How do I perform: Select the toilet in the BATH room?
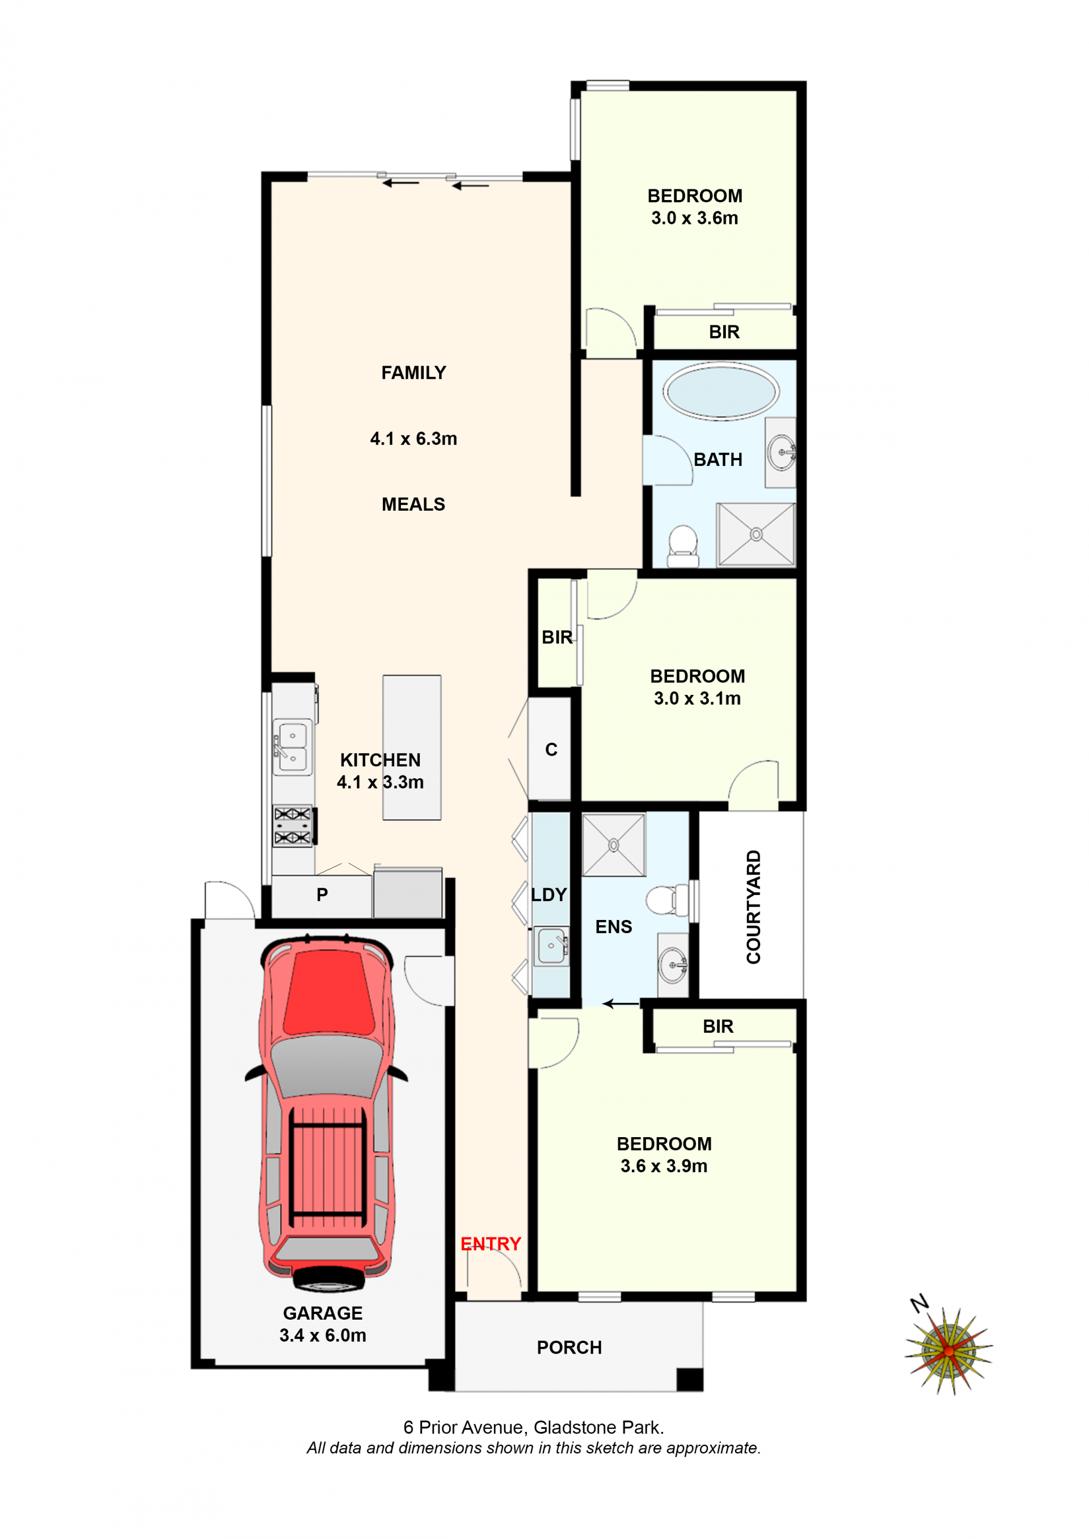click(x=683, y=545)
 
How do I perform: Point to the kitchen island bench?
click(x=412, y=747)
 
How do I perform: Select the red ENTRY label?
click(x=491, y=1244)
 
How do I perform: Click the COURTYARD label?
click(x=754, y=907)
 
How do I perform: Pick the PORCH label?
click(x=569, y=1347)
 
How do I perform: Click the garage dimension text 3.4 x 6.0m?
click(x=323, y=1336)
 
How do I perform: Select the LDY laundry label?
click(x=549, y=895)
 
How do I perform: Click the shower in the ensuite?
click(x=614, y=845)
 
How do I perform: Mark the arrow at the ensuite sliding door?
click(x=621, y=1003)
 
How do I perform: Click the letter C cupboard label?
click(x=551, y=749)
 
